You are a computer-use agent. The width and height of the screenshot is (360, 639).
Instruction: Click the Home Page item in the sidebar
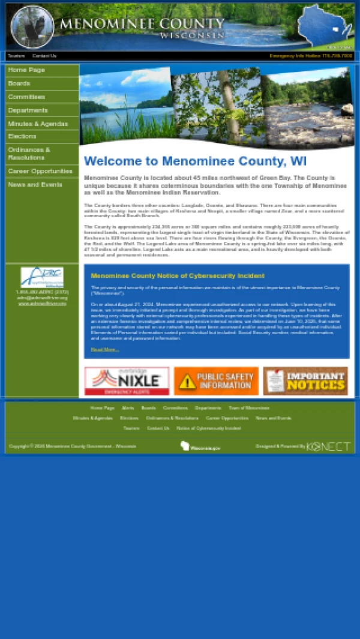[26, 70]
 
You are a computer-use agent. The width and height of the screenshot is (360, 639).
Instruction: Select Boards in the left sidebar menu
[19, 83]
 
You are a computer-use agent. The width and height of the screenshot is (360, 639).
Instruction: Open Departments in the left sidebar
[28, 110]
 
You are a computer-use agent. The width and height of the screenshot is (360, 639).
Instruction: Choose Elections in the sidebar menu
[22, 136]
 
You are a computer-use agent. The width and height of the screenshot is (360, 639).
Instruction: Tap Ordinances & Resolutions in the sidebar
[29, 154]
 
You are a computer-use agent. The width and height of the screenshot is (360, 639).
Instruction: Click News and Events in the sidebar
[35, 185]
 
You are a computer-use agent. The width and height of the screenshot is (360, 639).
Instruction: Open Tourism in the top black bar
[16, 56]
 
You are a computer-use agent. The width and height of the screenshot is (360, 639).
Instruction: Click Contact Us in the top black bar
[44, 56]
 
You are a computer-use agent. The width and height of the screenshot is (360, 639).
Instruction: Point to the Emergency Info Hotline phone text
[311, 56]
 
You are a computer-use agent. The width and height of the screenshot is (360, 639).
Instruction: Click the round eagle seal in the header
[32, 27]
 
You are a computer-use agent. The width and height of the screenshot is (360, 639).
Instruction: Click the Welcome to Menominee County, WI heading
[195, 161]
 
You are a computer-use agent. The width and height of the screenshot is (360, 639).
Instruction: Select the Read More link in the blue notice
[104, 349]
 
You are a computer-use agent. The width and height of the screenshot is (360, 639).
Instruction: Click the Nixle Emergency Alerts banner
[127, 381]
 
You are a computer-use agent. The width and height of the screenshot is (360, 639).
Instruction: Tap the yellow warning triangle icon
[187, 382]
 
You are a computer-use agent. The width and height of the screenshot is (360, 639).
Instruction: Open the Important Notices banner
[305, 381]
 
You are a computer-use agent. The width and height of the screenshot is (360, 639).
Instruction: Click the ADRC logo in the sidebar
[42, 277]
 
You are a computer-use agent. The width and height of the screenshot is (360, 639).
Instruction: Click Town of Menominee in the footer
[248, 408]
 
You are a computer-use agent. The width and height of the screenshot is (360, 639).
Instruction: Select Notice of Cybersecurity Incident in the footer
[208, 428]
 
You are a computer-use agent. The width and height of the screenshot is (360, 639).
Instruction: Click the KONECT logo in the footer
[328, 446]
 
